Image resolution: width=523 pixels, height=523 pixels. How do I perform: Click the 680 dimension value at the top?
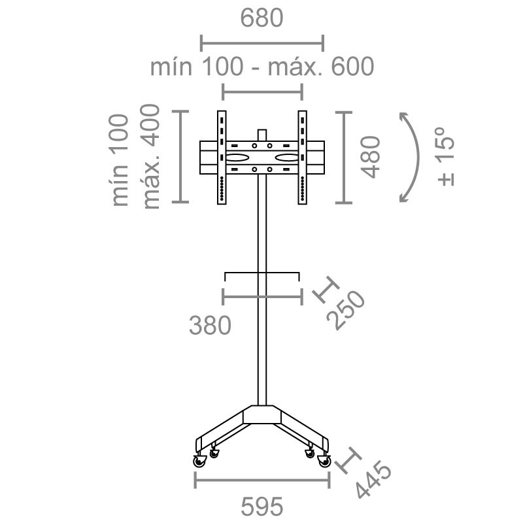point(261,18)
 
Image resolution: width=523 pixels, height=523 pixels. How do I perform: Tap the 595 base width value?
point(262,507)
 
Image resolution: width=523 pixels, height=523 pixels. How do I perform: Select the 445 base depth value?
point(373,479)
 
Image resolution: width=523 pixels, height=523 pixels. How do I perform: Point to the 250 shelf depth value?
point(346,310)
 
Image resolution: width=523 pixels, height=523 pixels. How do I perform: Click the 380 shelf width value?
point(210,325)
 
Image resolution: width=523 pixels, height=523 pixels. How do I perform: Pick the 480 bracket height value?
point(371,157)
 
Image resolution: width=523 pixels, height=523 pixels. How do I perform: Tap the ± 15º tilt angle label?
point(446,156)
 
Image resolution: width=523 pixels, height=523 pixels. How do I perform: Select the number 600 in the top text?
point(352,67)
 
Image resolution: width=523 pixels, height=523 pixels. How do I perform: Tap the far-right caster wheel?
point(324,461)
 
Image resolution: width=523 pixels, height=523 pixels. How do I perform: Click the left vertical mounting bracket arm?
point(222,158)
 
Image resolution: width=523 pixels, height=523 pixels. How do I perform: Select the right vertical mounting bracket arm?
point(302,158)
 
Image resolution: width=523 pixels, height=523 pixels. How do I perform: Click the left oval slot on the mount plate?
point(237,158)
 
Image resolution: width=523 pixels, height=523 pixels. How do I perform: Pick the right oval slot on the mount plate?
point(287,158)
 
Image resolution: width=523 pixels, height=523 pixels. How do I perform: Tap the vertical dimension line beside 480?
point(344,158)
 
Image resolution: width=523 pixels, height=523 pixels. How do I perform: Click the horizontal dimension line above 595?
point(262,480)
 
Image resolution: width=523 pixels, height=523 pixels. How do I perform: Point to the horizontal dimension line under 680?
point(262,43)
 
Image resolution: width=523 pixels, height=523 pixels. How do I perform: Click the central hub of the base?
point(262,414)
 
